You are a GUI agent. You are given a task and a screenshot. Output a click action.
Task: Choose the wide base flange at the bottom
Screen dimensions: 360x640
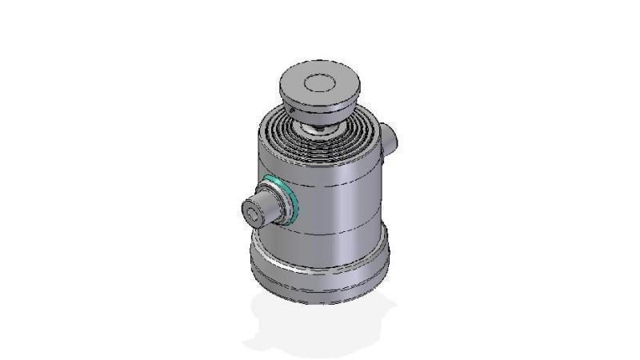pyautogui.click(x=320, y=272)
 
